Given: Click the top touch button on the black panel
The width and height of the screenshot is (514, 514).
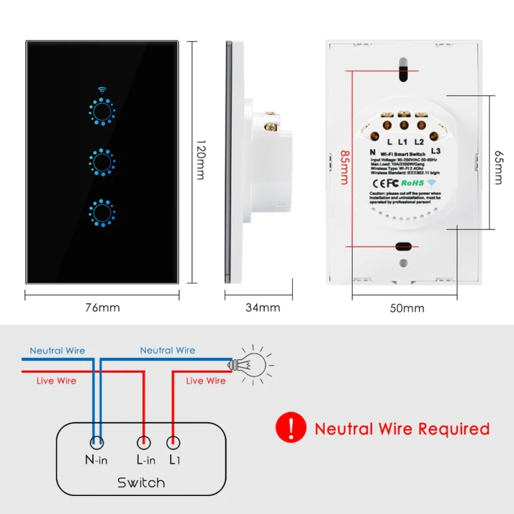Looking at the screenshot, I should click(x=101, y=112).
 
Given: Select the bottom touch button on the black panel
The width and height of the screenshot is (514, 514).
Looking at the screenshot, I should click(x=101, y=211).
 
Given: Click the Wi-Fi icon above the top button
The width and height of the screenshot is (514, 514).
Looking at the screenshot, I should click(x=101, y=91).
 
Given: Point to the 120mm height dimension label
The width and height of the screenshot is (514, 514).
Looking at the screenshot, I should click(x=200, y=161).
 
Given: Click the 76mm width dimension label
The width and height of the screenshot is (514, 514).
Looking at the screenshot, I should click(x=102, y=308).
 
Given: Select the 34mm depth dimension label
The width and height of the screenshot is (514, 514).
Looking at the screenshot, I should click(x=263, y=308).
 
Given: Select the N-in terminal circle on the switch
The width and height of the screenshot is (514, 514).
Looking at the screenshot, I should click(x=96, y=442).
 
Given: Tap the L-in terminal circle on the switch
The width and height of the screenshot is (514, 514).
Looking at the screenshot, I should click(x=144, y=442).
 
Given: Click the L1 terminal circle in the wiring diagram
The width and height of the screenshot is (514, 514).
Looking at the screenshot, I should click(x=173, y=442).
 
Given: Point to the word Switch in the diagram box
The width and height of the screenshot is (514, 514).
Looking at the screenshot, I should click(x=141, y=483).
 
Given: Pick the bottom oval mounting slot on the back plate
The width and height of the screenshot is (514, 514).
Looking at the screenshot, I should click(x=404, y=246).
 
